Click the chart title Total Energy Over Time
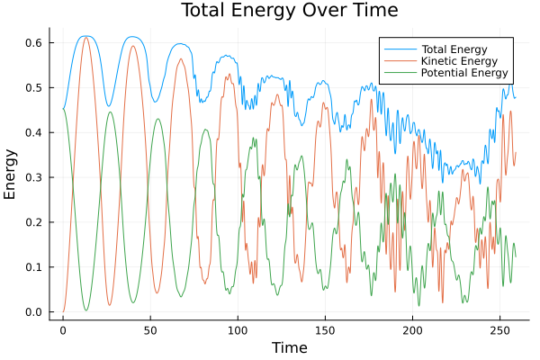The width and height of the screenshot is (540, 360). [x=288, y=11]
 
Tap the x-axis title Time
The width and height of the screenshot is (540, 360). [x=289, y=347]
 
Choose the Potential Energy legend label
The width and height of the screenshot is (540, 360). [x=465, y=73]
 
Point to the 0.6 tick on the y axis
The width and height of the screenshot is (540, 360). [x=34, y=43]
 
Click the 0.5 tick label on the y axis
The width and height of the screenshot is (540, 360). [x=34, y=88]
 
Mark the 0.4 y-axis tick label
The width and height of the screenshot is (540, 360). [x=34, y=133]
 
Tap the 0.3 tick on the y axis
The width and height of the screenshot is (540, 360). [x=34, y=178]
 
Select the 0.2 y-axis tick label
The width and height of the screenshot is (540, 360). [x=34, y=222]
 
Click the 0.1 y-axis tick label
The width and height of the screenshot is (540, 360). [x=34, y=267]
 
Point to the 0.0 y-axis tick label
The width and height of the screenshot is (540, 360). [x=34, y=312]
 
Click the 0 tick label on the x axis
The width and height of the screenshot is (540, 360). [x=63, y=330]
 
